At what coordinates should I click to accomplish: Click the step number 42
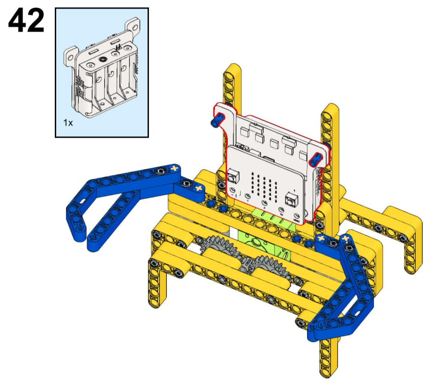click(26, 20)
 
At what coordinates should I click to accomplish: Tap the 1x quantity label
click(68, 123)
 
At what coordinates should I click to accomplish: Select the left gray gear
click(219, 248)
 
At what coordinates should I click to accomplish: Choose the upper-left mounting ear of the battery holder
click(71, 56)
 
